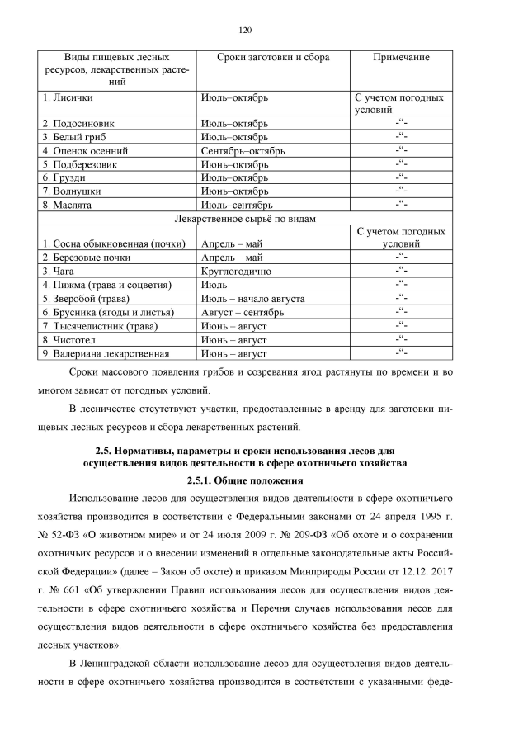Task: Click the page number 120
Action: (244, 31)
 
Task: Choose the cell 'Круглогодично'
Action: (239, 270)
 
